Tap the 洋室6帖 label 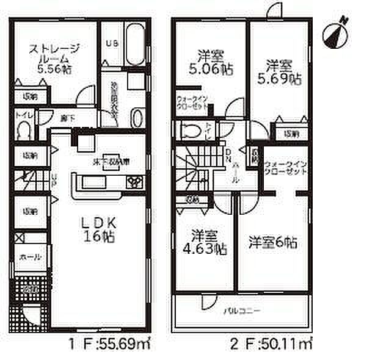coord(273,243)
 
